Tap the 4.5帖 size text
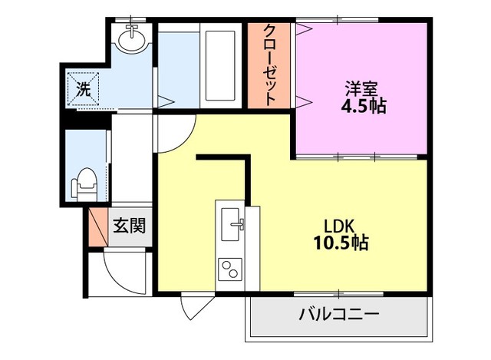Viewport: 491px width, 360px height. pyautogui.click(x=363, y=107)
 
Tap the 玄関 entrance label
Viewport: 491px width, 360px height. pyautogui.click(x=130, y=226)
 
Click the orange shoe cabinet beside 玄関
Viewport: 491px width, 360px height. pyautogui.click(x=97, y=227)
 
